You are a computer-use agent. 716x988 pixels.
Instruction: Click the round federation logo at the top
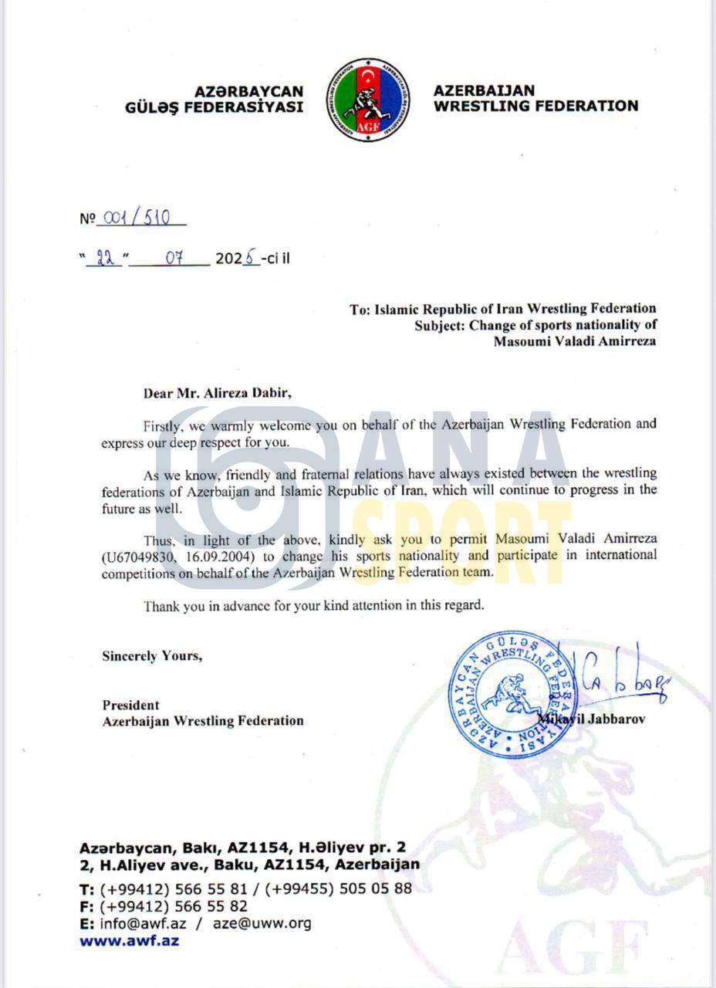point(368,100)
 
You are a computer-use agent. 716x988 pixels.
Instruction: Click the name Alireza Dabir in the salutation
point(247,392)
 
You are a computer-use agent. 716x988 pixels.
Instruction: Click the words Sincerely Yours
point(152,656)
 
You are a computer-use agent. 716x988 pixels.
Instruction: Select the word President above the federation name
point(130,705)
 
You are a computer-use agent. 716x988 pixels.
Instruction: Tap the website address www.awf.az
point(129,940)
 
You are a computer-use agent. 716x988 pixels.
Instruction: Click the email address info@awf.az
point(143,923)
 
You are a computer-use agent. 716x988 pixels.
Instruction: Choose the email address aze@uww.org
point(262,923)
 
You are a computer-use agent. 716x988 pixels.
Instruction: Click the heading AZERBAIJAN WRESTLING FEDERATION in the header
point(535,99)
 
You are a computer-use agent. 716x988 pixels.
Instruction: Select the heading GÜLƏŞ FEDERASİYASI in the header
point(214,107)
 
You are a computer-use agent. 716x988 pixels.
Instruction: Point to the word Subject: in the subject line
point(437,325)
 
